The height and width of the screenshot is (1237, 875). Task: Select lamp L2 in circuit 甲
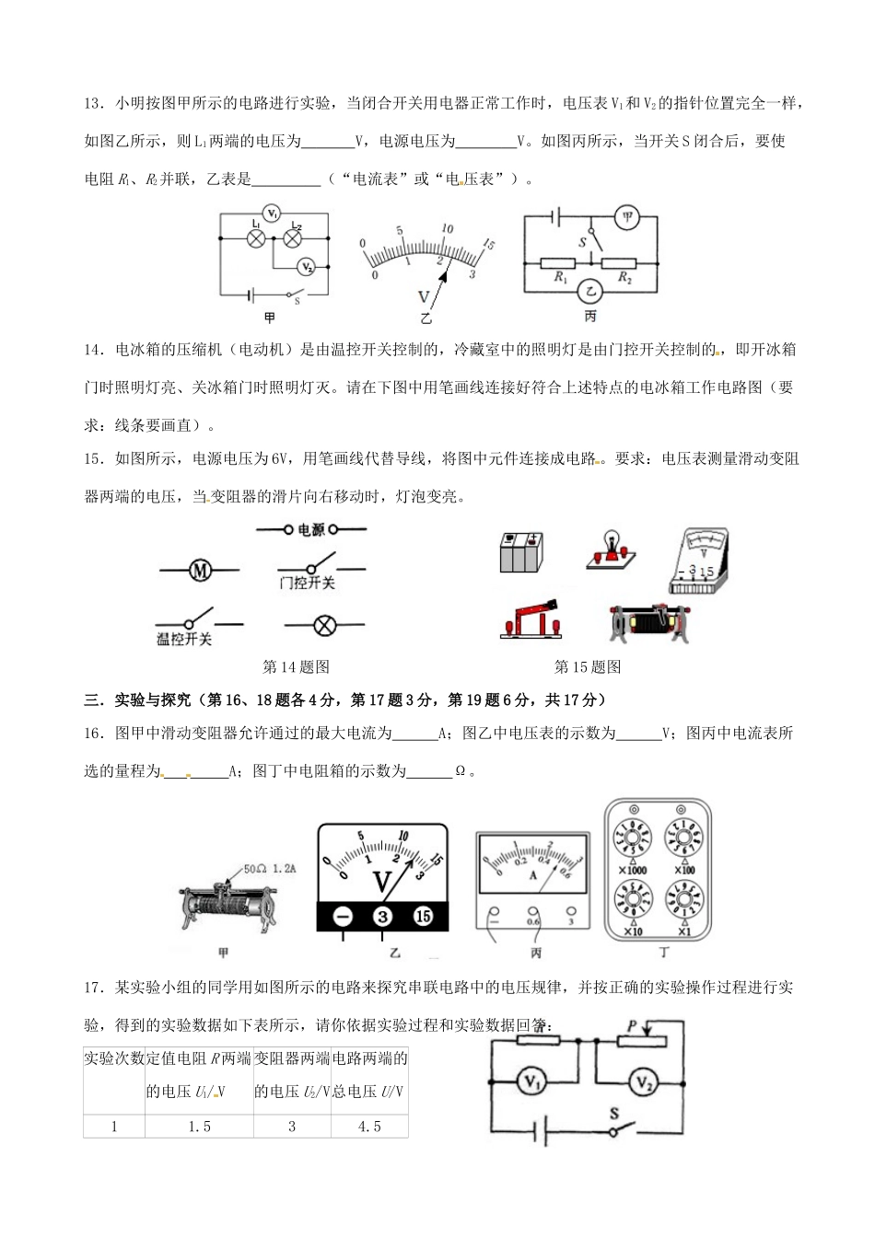[x=294, y=237]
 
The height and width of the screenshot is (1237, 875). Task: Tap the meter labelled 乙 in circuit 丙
[x=590, y=292]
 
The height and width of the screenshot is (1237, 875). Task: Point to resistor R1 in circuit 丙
[x=559, y=262]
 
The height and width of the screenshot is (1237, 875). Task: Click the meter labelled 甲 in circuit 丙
[x=627, y=217]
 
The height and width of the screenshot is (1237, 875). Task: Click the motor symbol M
[x=200, y=571]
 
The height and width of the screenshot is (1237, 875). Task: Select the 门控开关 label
[x=307, y=584]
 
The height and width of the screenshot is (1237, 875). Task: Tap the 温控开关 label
[x=184, y=639]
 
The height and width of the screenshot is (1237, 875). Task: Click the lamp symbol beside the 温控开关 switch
[x=323, y=625]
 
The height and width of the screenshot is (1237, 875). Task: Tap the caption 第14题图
[x=296, y=667]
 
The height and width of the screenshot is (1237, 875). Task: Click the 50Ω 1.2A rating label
[x=269, y=867]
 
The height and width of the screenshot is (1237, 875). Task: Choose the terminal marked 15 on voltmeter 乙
[x=423, y=916]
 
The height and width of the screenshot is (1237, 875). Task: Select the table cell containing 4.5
[x=369, y=1127]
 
